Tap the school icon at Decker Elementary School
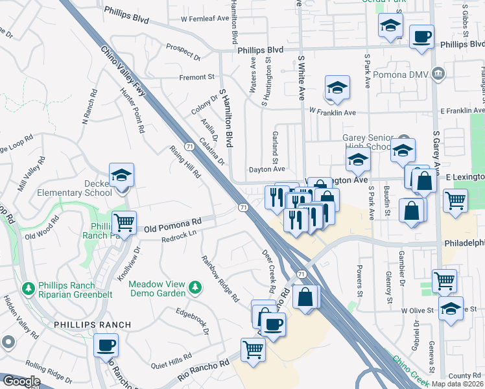pyautogui.click(x=121, y=176)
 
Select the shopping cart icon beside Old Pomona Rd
pyautogui.click(x=124, y=222)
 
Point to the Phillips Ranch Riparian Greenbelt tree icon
pyautogui.click(x=27, y=287)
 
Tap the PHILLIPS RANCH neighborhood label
pyautogui.click(x=92, y=324)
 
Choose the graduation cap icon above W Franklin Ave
pyautogui.click(x=337, y=88)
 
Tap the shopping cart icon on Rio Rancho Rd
pyautogui.click(x=253, y=349)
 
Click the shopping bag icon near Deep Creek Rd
pyautogui.click(x=305, y=297)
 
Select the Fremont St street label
pyautogui.click(x=196, y=77)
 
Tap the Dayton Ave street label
pyautogui.click(x=267, y=169)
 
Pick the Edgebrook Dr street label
pyautogui.click(x=193, y=321)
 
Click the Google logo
pyautogui.click(x=21, y=382)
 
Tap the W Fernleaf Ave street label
pyautogui.click(x=205, y=19)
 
